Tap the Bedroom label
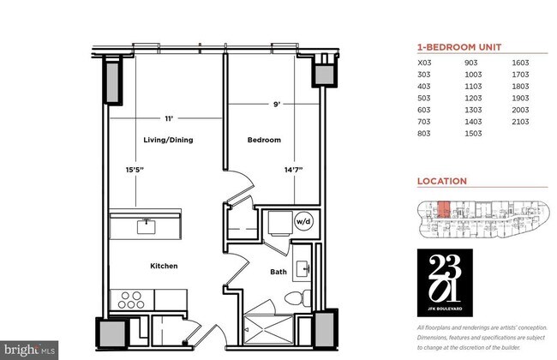264,139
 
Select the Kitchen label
163,266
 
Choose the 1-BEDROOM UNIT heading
458,47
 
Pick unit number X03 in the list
424,63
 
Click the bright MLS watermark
30,350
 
